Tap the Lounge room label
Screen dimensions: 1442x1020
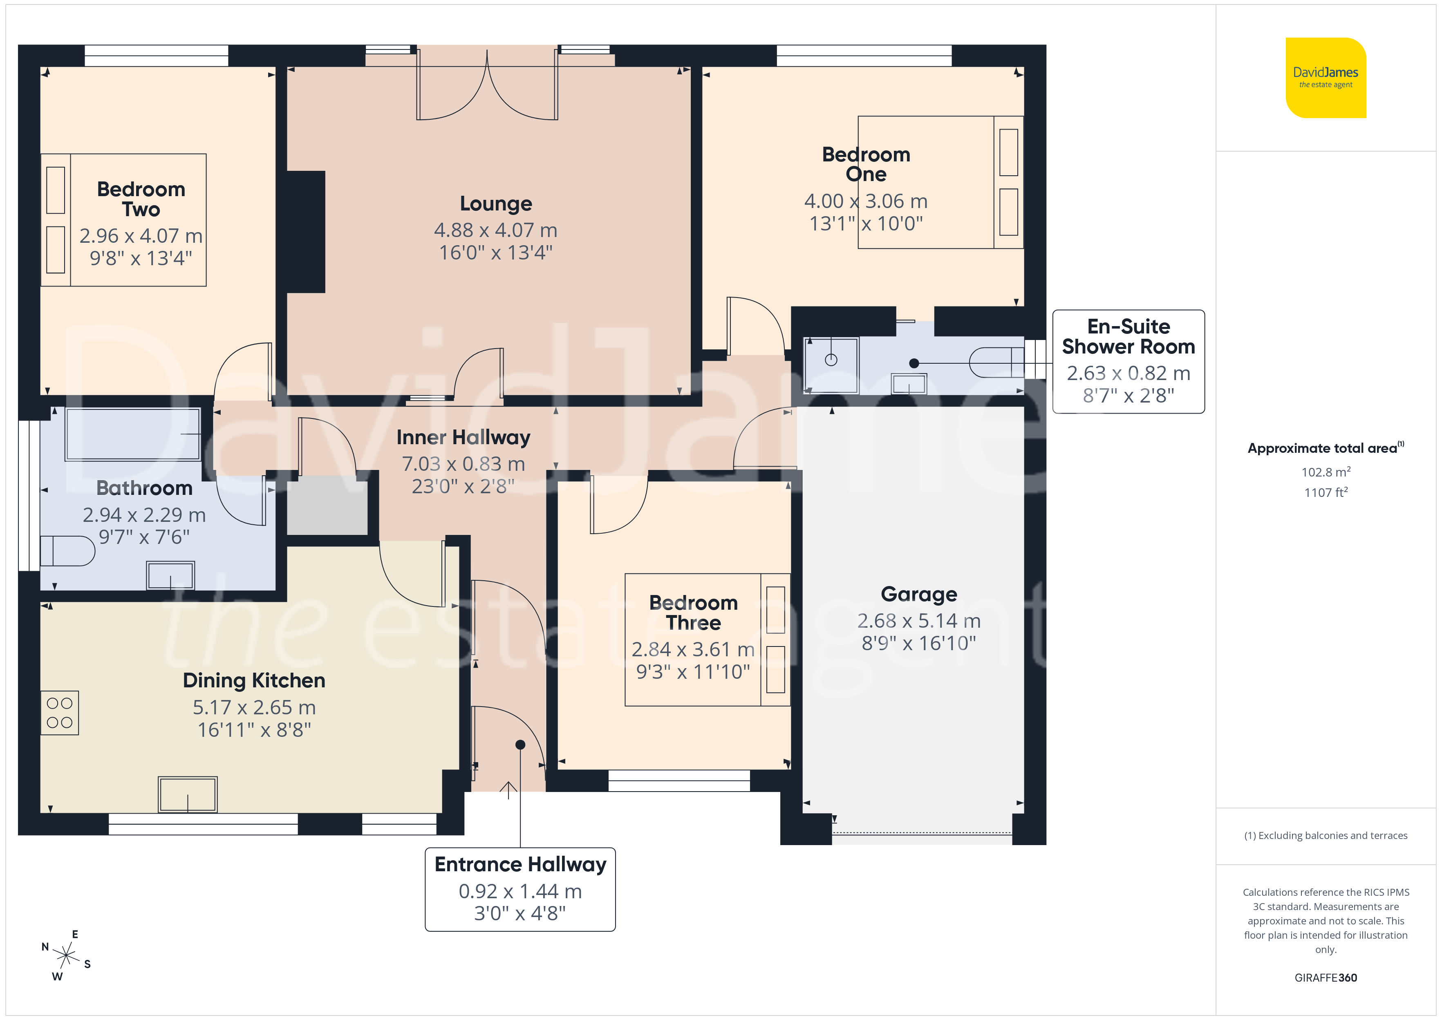click(495, 204)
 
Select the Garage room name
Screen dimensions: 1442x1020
click(919, 594)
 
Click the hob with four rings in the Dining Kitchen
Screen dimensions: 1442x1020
click(60, 713)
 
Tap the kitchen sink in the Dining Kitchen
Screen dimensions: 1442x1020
click(188, 794)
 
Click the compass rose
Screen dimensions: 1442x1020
click(66, 956)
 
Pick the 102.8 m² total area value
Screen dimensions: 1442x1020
click(1326, 472)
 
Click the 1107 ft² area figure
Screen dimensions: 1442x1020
click(1326, 492)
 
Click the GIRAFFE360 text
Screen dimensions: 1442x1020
click(1326, 978)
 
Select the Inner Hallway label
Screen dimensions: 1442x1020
click(463, 437)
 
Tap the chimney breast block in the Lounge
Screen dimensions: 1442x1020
click(306, 232)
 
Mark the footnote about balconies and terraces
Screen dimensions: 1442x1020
click(1326, 835)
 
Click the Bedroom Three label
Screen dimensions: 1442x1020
click(693, 613)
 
